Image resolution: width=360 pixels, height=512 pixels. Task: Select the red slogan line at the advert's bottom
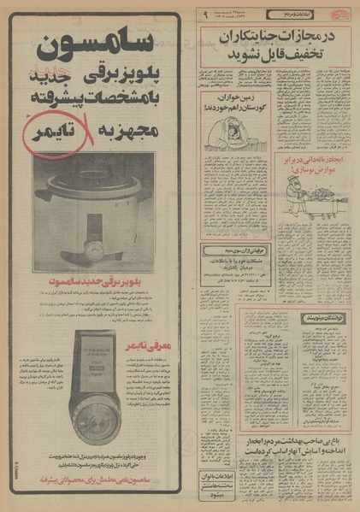point(103,480)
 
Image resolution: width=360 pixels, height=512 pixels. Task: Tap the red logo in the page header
point(341,14)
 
